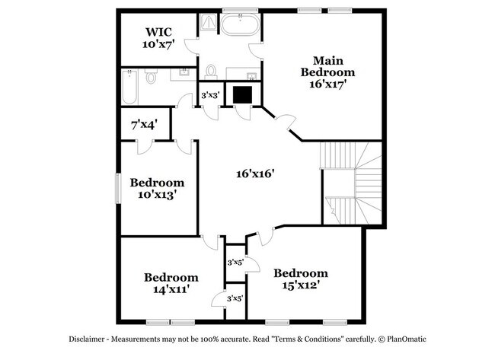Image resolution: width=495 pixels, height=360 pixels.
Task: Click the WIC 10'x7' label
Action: [x=158, y=38]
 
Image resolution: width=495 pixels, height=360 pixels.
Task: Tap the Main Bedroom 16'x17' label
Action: [x=327, y=72]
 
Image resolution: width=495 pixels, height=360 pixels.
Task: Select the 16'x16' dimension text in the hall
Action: [x=255, y=174]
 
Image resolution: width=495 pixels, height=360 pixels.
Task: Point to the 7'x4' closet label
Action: [x=144, y=125]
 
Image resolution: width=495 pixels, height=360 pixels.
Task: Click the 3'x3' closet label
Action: [x=210, y=94]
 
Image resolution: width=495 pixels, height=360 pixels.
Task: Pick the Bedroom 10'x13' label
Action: [x=157, y=189]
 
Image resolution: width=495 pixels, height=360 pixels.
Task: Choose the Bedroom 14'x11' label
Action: [x=171, y=283]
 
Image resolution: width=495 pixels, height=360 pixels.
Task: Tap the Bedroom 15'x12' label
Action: [x=301, y=279]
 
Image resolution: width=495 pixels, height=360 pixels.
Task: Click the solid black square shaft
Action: [x=242, y=94]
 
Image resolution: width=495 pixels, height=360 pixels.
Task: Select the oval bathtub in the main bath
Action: [x=240, y=24]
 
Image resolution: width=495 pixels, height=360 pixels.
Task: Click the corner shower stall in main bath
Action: [x=208, y=22]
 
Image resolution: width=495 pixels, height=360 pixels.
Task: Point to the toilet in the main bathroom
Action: [x=210, y=72]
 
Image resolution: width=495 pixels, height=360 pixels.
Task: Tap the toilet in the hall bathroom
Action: [x=152, y=76]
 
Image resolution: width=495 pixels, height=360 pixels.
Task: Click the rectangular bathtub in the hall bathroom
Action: [x=129, y=87]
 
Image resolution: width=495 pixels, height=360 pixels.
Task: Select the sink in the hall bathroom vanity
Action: [x=184, y=73]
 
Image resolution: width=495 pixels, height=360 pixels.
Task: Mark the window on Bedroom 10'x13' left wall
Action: [x=118, y=188]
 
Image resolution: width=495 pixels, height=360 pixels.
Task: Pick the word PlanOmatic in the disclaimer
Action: [x=407, y=339]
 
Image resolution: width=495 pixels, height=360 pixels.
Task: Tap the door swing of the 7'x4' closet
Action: [x=145, y=147]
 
